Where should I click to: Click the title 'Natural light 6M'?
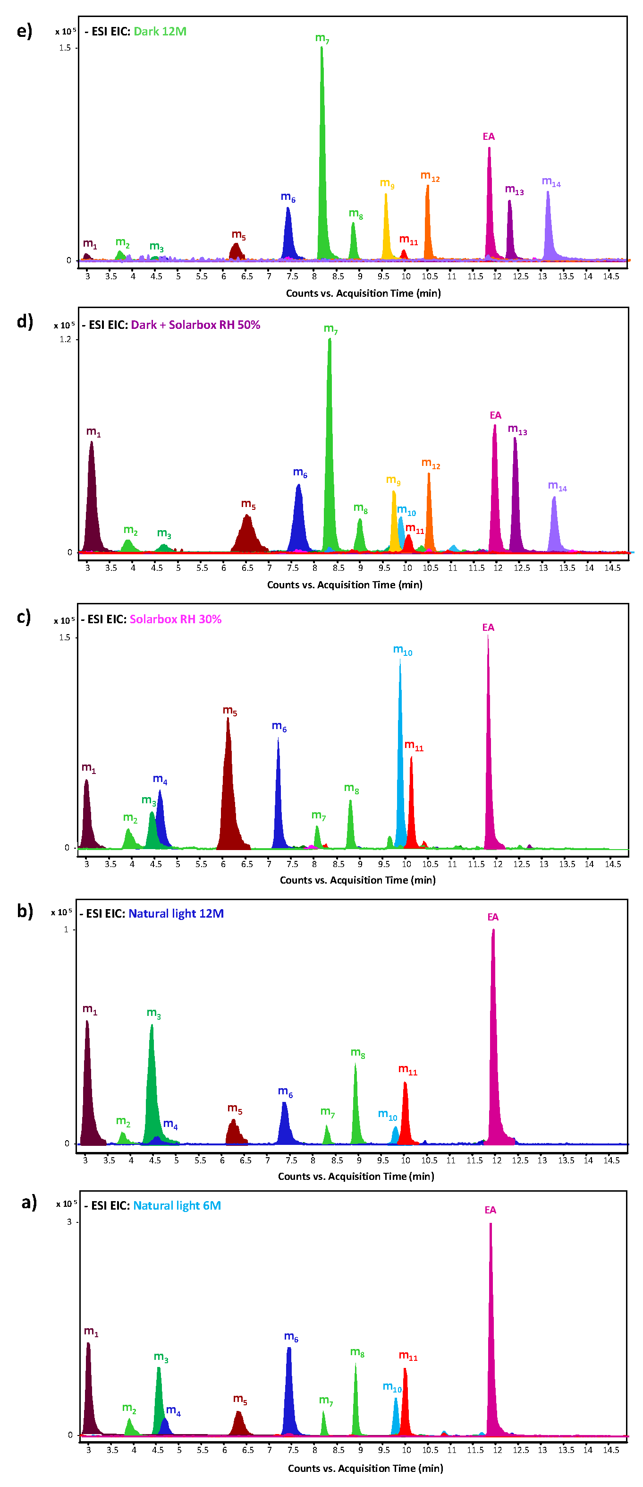point(177,1205)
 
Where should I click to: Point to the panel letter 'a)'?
point(29,1203)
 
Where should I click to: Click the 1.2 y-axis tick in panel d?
point(65,339)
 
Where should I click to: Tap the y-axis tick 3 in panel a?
point(69,1221)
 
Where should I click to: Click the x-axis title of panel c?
point(357,880)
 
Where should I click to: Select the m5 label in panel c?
point(230,711)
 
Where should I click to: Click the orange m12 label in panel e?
point(430,176)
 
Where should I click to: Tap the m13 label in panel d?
point(517,429)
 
